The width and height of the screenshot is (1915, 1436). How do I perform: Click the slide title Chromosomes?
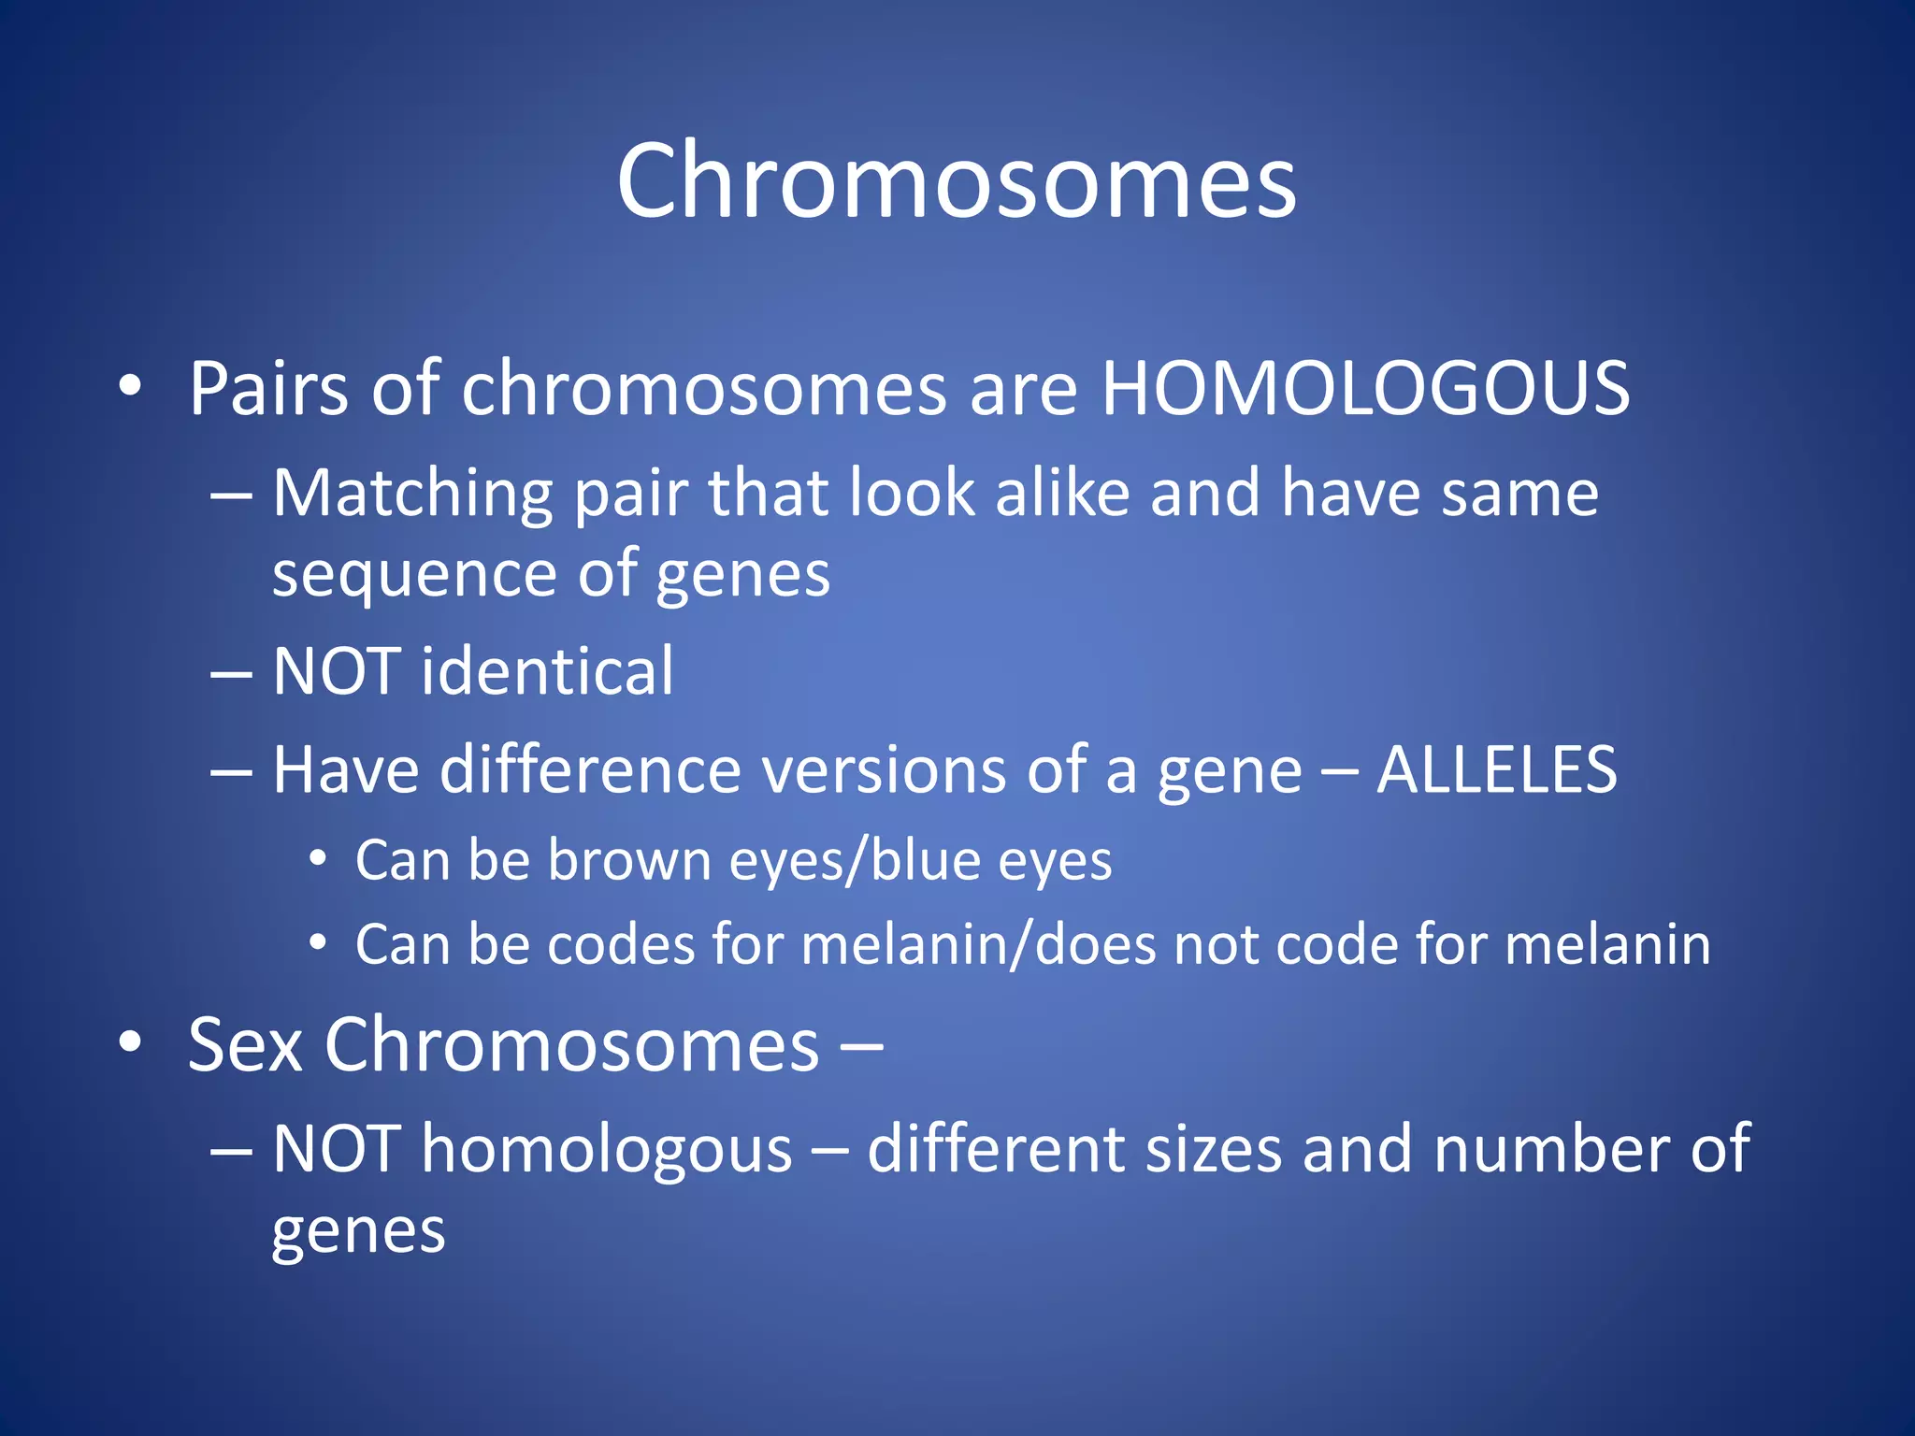click(x=956, y=179)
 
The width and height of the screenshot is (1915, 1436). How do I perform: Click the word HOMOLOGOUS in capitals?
click(x=1365, y=388)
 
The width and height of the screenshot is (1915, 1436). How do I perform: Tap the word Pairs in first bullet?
click(x=268, y=388)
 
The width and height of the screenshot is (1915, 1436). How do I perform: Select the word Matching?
click(x=412, y=493)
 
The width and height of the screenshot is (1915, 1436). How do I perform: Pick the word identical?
click(x=547, y=671)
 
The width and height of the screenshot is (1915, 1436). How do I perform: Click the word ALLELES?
click(x=1496, y=770)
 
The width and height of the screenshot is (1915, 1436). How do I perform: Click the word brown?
click(x=629, y=860)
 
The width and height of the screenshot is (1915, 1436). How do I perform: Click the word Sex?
click(x=244, y=1044)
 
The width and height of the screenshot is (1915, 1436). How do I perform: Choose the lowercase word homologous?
click(x=607, y=1149)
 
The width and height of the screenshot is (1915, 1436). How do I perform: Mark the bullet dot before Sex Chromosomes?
click(x=130, y=1041)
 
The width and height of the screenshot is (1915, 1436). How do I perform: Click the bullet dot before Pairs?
click(x=130, y=385)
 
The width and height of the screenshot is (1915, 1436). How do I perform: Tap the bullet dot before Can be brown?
click(x=318, y=859)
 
